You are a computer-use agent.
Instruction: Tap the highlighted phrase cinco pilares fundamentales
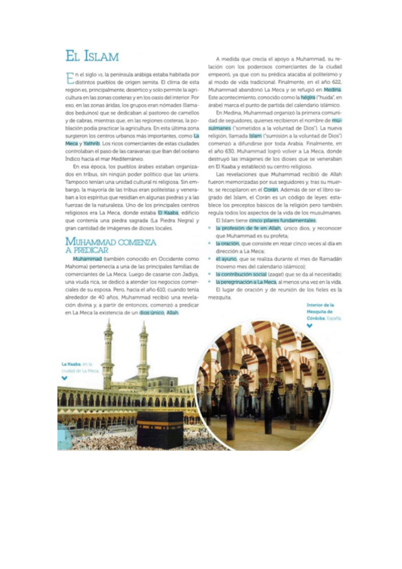[282, 220]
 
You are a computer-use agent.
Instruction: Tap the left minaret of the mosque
[108, 356]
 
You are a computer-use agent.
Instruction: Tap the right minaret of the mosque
[142, 356]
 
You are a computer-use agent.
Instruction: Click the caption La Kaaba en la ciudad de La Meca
[79, 366]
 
